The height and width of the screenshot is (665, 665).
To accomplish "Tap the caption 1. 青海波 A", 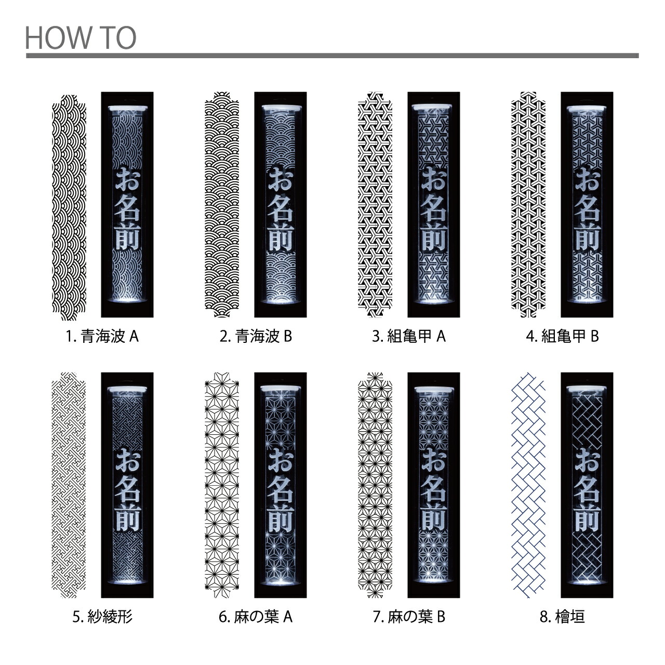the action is click(x=102, y=337).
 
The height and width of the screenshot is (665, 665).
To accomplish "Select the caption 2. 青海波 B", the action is click(x=256, y=337).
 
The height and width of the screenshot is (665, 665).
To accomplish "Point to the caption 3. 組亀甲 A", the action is click(x=409, y=337).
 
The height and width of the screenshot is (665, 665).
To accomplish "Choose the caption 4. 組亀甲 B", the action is click(x=562, y=337).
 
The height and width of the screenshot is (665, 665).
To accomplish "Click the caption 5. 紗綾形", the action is click(x=102, y=617).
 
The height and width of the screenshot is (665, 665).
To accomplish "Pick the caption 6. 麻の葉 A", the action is click(x=256, y=617).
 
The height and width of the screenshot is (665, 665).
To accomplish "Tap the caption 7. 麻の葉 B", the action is click(x=409, y=617).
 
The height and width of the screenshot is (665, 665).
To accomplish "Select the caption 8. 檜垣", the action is click(x=562, y=617).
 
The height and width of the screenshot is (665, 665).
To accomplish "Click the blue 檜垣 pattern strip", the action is click(x=528, y=485).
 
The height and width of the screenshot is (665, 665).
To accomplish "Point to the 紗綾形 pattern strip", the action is click(x=69, y=485).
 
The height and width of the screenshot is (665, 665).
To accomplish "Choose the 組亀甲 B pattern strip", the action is click(x=528, y=204).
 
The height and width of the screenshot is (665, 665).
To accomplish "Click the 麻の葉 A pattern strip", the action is click(x=222, y=485).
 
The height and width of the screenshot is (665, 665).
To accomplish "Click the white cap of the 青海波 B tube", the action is click(x=280, y=109).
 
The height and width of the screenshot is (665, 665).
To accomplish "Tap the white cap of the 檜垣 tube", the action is click(x=587, y=389).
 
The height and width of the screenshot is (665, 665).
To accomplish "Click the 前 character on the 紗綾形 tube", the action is click(x=128, y=518).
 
